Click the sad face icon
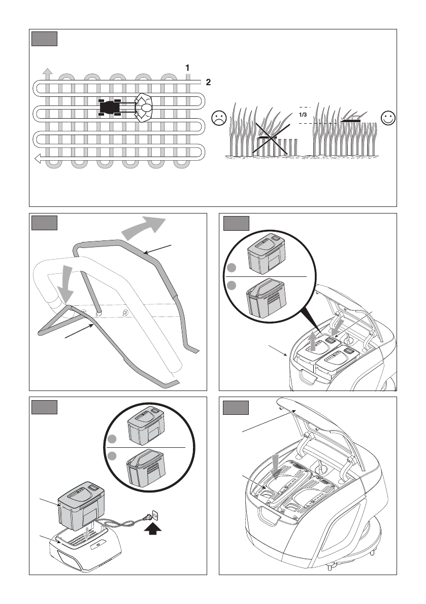tap(219, 119)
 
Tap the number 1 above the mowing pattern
tap(187, 67)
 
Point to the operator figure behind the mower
tap(145, 108)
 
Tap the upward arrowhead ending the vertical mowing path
tap(47, 71)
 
